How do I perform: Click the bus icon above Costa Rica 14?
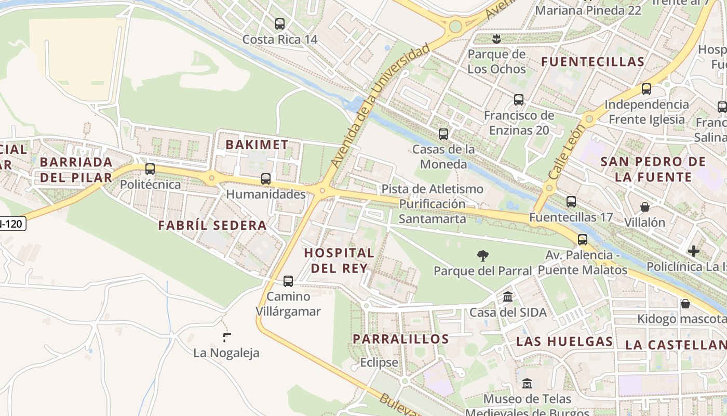pos(280,24)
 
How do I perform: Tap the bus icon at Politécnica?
pos(150,169)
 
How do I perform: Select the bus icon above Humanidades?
pos(266,179)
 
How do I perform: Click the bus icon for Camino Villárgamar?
pos(288,281)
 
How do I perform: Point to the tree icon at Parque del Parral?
pos(483,255)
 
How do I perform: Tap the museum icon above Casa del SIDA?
pos(508,297)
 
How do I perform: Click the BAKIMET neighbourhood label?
pos(257,145)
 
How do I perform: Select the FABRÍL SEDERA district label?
pos(212,226)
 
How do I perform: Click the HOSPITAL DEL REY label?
pos(339,261)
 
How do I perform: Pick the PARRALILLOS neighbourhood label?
pos(401,339)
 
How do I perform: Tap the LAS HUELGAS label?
pos(564,342)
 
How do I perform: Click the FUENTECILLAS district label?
pos(593,62)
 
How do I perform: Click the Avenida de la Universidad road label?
pos(381,106)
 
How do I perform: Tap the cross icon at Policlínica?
pos(693,252)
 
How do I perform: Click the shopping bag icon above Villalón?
pos(644,207)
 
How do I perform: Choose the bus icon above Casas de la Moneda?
pos(443,134)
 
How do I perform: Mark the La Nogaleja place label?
pos(226,353)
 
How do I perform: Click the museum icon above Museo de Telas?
pos(527,384)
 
